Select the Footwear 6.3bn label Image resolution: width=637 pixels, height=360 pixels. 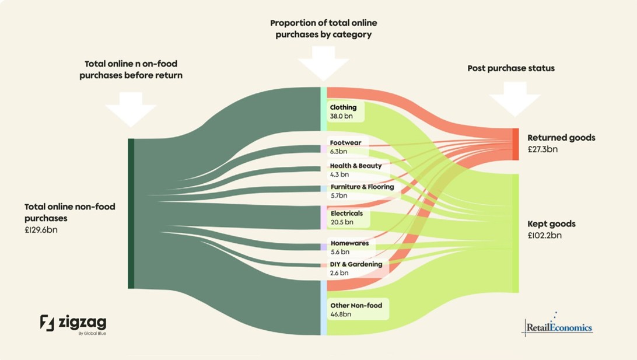click(346, 146)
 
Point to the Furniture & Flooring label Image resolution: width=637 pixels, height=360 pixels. click(362, 191)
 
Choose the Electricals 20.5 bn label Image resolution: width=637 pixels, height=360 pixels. click(346, 218)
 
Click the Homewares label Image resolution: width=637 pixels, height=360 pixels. click(349, 247)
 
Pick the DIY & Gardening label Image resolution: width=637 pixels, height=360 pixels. click(356, 268)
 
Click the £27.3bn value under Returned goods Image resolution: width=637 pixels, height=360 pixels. click(542, 149)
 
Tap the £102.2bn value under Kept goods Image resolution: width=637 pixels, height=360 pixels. click(544, 236)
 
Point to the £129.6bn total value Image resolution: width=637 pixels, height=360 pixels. click(41, 230)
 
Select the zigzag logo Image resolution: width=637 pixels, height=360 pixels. click(73, 323)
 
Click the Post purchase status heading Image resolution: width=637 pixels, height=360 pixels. click(511, 68)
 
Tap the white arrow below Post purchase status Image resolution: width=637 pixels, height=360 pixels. click(514, 99)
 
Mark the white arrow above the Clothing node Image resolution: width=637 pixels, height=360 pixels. click(324, 63)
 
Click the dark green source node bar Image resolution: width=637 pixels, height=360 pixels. click(131, 213)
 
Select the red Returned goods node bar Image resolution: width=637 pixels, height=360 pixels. click(516, 144)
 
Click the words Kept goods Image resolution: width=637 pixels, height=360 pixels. click(551, 224)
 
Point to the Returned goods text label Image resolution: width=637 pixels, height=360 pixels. click(561, 138)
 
